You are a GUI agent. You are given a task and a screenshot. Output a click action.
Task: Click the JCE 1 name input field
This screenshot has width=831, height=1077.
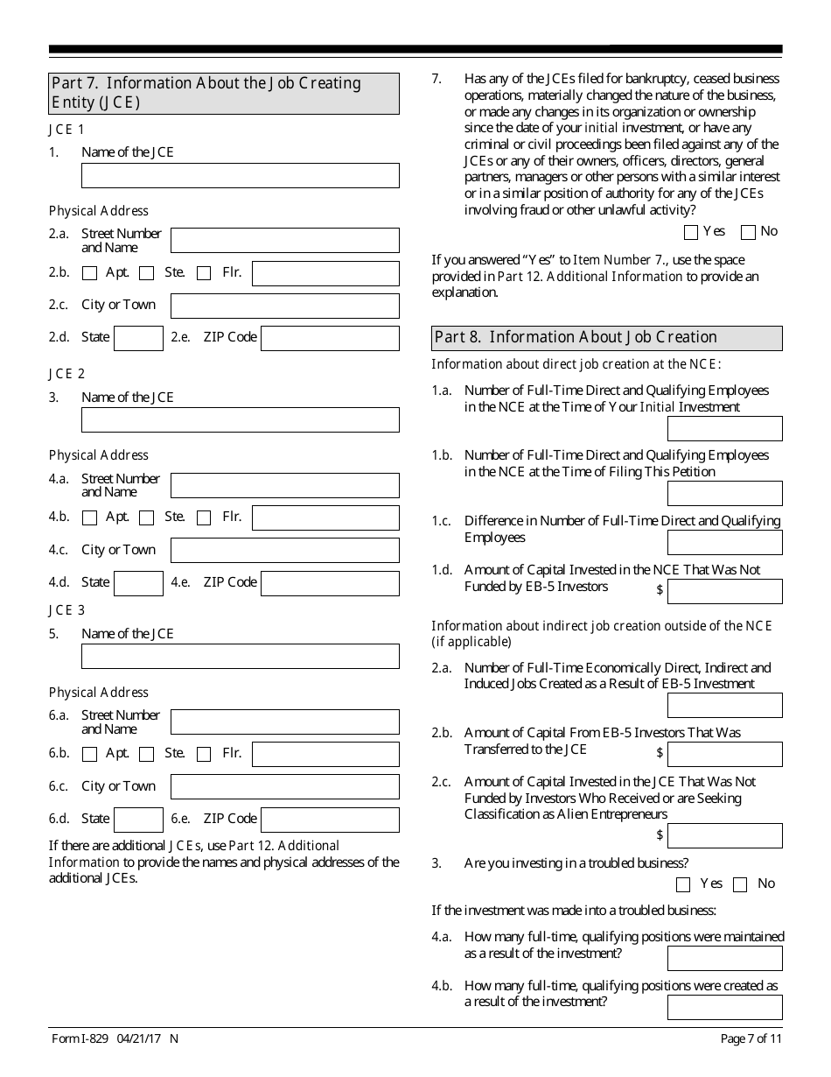[x=240, y=175]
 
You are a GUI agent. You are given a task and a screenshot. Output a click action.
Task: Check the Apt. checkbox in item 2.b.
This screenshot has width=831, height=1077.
[x=89, y=273]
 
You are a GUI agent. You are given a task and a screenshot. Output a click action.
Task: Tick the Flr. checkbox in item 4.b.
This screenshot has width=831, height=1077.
[x=204, y=517]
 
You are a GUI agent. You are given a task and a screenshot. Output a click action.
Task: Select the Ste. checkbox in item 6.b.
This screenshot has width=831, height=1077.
[x=147, y=754]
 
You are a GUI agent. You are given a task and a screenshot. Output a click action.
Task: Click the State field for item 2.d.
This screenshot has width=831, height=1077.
[x=138, y=338]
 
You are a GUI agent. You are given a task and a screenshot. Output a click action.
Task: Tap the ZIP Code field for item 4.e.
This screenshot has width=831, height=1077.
[x=330, y=583]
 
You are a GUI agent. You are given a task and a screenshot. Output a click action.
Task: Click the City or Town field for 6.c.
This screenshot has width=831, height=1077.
[x=284, y=786]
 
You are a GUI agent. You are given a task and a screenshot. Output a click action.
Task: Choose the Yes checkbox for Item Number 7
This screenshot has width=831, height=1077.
[x=691, y=232]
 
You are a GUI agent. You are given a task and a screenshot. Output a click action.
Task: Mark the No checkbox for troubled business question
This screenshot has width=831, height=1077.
[x=740, y=884]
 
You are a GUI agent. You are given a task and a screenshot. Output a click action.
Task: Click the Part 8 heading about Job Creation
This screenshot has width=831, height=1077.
[x=607, y=338]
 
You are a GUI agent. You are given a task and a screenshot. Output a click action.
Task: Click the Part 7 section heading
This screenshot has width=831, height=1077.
[x=224, y=93]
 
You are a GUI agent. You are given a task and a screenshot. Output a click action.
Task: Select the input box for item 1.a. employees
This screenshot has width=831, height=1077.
[x=724, y=428]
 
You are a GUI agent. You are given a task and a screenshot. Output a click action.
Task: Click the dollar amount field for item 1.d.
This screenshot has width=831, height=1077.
[x=724, y=591]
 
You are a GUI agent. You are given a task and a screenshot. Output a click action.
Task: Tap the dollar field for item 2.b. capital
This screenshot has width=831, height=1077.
[x=724, y=754]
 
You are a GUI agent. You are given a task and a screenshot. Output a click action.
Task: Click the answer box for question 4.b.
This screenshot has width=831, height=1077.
[x=724, y=1007]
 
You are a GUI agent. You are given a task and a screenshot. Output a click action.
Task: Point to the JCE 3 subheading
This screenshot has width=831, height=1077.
[x=66, y=610]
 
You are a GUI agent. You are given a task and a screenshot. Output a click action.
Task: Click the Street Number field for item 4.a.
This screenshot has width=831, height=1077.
[x=284, y=485]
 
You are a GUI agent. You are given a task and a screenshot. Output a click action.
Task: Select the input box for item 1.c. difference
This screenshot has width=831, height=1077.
[x=724, y=542]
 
